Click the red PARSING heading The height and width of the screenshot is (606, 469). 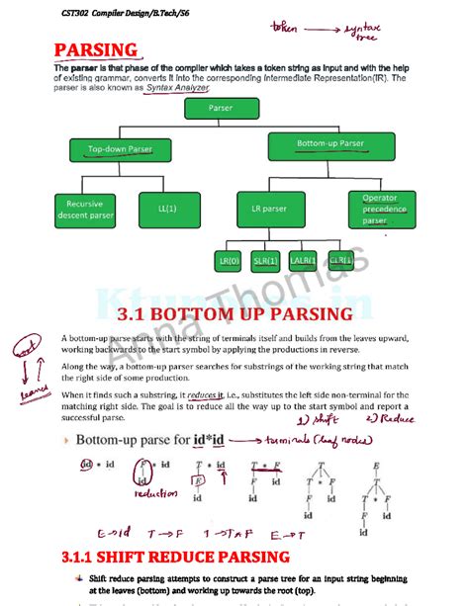96,49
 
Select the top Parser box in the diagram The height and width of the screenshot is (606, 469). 221,107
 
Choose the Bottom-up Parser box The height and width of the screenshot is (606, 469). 329,144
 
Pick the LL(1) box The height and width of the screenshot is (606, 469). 165,210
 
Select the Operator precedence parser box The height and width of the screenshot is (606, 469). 379,210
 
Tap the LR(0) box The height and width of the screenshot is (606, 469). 230,261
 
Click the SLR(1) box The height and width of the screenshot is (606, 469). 265,261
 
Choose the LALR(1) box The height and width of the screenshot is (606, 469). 303,261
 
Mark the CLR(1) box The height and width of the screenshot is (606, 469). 340,261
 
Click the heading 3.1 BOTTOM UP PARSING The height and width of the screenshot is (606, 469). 234,314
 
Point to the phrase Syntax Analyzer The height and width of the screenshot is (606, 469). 178,88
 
